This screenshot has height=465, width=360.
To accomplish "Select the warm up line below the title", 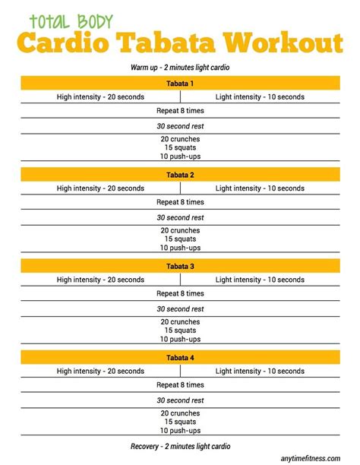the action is pos(180,68).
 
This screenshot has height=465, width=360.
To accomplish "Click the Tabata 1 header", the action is pos(180,83).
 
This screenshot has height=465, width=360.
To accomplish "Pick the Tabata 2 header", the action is pos(180,174).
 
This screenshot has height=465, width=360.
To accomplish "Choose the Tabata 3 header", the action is pos(180,266).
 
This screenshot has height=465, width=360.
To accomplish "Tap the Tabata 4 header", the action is pos(180,357).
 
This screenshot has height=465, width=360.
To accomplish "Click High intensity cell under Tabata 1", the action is pos(100,96).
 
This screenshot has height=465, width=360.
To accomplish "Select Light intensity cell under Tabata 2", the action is pos(260,188).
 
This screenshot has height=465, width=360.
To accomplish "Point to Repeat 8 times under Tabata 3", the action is pos(180,293).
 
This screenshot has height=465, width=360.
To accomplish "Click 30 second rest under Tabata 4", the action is pos(180,400).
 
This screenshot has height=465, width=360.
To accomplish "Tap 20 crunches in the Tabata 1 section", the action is pos(180,138).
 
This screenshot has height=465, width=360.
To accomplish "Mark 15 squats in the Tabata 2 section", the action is pos(180,239).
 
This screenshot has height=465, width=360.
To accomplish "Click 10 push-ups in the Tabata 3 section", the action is pos(180,339).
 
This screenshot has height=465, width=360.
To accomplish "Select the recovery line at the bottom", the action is pos(180,446).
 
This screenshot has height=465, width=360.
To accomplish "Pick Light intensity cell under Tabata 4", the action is pos(260,371).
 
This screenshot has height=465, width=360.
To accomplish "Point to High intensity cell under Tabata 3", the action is pos(100,280).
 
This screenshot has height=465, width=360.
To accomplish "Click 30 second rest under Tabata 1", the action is pos(180,125).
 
